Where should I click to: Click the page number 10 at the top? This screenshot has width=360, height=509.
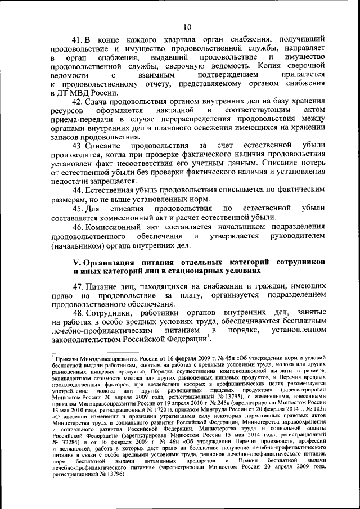pyautogui.click(x=187, y=26)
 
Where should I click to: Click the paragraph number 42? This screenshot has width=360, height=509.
pyautogui.click(x=77, y=102)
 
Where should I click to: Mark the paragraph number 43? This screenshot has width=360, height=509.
pyautogui.click(x=77, y=147)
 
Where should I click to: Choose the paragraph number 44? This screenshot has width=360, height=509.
pyautogui.click(x=77, y=192)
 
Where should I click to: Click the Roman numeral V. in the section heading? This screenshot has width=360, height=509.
pyautogui.click(x=78, y=263)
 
